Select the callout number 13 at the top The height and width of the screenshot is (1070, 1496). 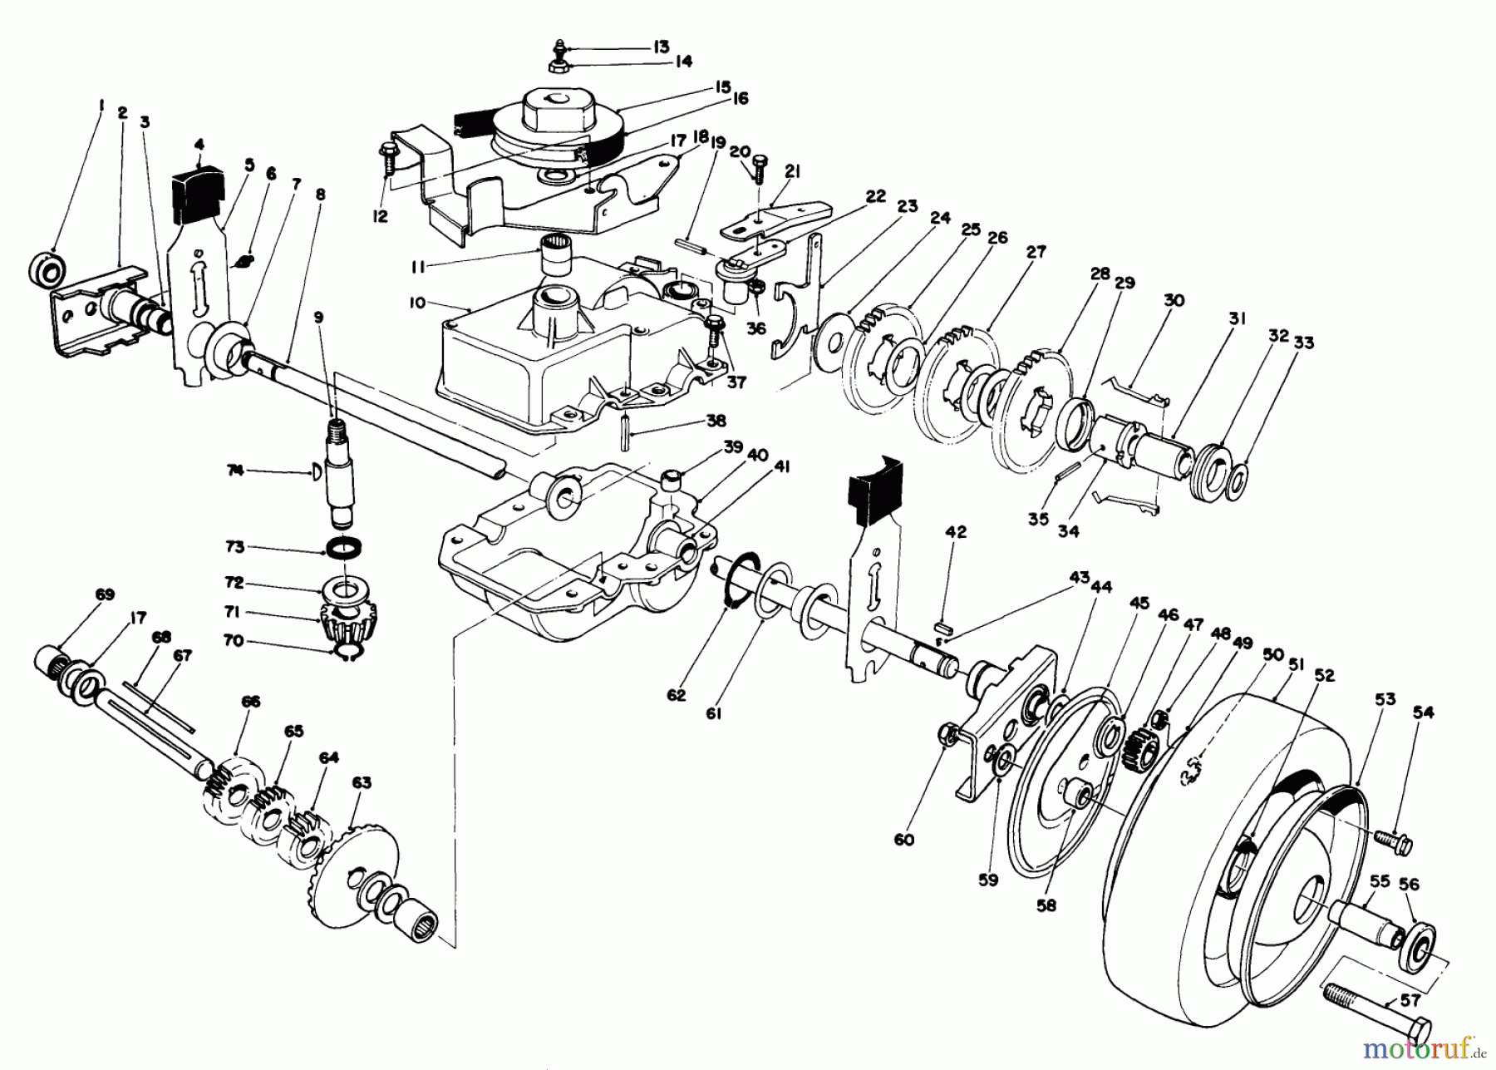pyautogui.click(x=661, y=47)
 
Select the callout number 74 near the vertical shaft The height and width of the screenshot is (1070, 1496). pyautogui.click(x=235, y=471)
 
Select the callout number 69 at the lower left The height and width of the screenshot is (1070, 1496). pyautogui.click(x=104, y=594)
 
